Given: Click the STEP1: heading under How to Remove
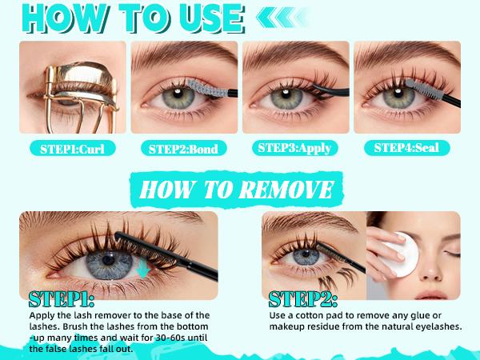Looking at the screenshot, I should pyautogui.click(x=62, y=300).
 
